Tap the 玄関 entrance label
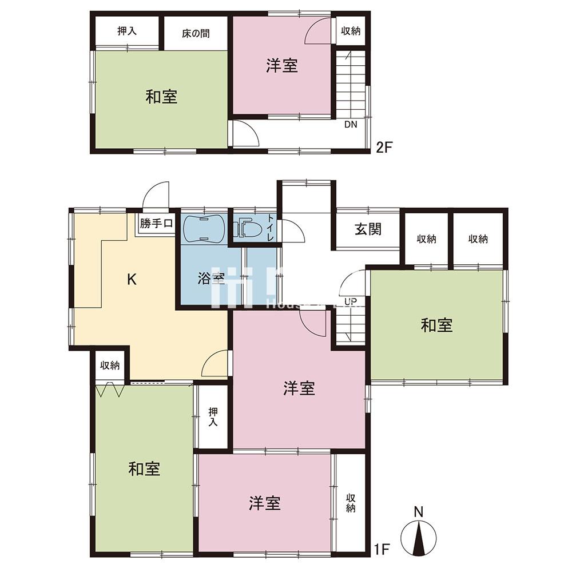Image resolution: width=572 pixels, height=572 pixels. click(x=368, y=229)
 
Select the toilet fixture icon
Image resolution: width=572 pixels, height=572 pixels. click(x=247, y=229)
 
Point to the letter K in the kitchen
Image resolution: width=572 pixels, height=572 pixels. click(x=131, y=279)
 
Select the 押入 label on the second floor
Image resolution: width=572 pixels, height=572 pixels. click(x=126, y=31)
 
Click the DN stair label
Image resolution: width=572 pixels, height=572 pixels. click(x=351, y=125)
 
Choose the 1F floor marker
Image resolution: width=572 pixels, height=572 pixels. click(x=383, y=550)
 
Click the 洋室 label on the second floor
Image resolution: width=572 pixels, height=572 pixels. click(x=281, y=66)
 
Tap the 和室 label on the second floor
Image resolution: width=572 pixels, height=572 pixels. click(x=161, y=97)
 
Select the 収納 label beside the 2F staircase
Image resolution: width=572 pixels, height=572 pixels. click(x=351, y=31)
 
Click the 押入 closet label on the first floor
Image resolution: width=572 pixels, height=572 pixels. click(x=213, y=416)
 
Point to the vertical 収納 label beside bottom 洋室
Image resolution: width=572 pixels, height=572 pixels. click(x=350, y=503)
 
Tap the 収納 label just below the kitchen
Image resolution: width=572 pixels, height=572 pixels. click(x=110, y=366)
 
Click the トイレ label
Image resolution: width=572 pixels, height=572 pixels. click(x=271, y=227)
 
